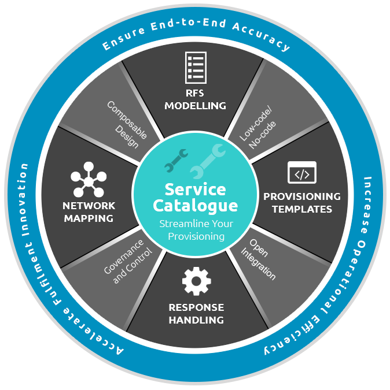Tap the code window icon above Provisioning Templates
pyautogui.click(x=301, y=173)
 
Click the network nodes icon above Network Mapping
pyautogui.click(x=89, y=180)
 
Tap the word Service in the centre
pyautogui.click(x=195, y=189)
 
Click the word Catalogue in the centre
pyautogui.click(x=195, y=205)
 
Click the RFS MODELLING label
pyautogui.click(x=195, y=100)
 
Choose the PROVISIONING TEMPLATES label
pyautogui.click(x=301, y=202)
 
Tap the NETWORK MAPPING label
pyautogui.click(x=89, y=211)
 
